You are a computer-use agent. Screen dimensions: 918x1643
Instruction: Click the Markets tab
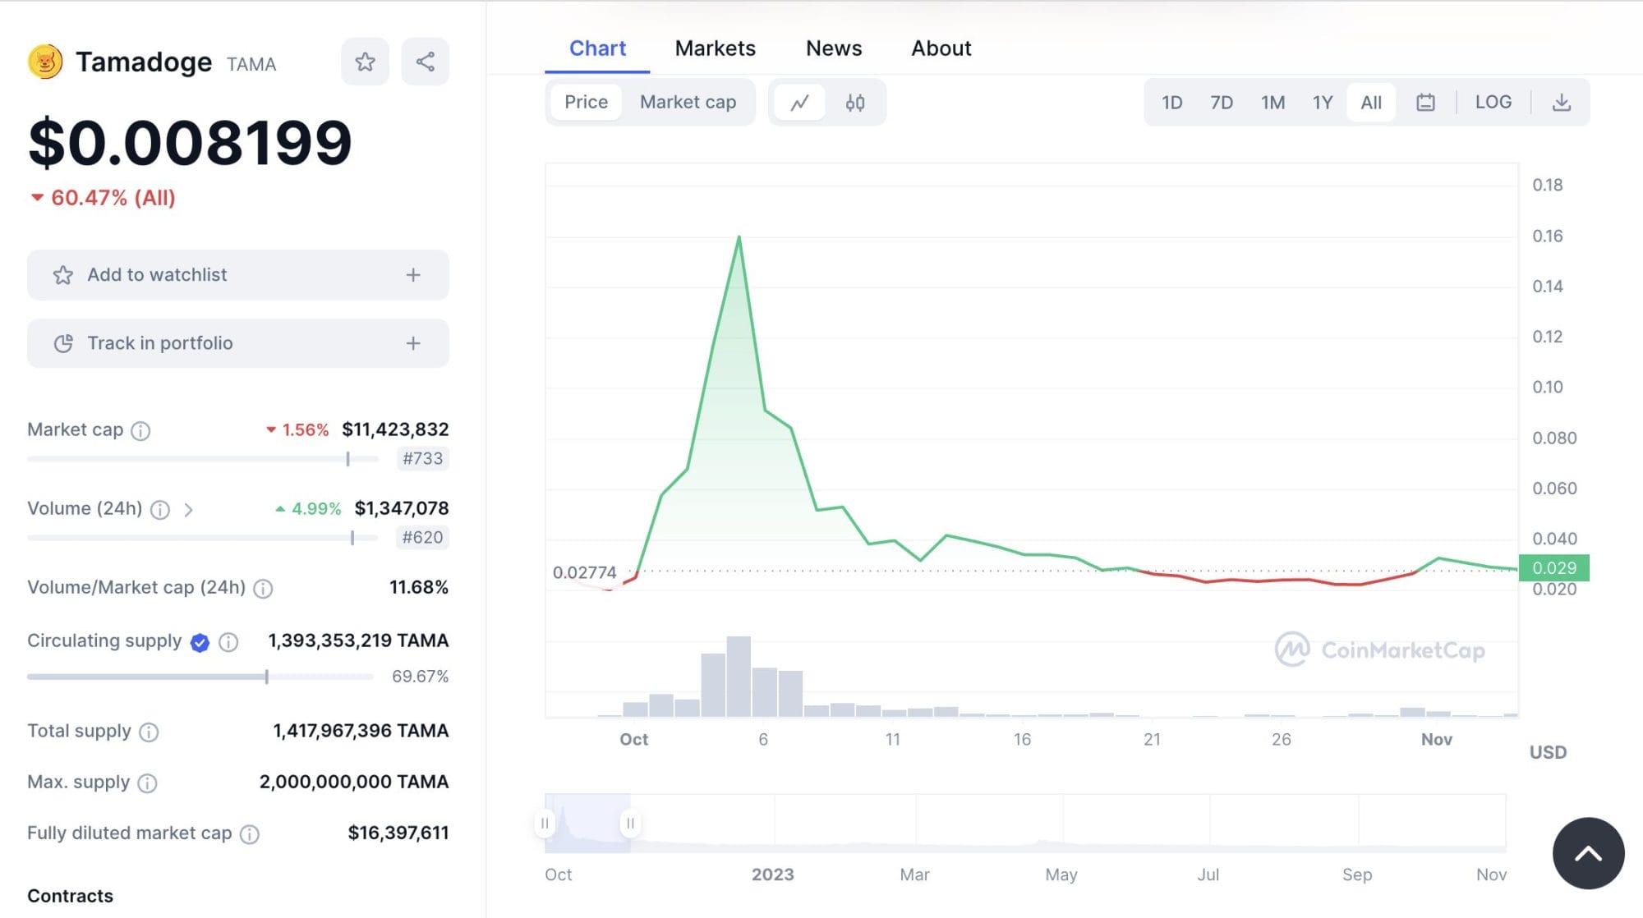pyautogui.click(x=715, y=48)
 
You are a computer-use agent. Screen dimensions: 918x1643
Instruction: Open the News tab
pyautogui.click(x=833, y=48)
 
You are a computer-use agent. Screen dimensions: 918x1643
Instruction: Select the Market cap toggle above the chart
pyautogui.click(x=688, y=103)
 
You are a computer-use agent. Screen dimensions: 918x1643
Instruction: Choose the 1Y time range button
pyautogui.click(x=1322, y=103)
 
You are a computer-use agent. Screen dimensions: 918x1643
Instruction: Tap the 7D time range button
pyautogui.click(x=1221, y=103)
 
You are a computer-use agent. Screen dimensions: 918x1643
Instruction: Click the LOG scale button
pyautogui.click(x=1493, y=102)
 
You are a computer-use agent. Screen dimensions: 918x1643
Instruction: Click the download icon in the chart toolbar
pyautogui.click(x=1561, y=103)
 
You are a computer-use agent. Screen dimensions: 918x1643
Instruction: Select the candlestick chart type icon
pyautogui.click(x=854, y=103)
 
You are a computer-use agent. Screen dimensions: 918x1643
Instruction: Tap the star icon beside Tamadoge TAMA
pyautogui.click(x=365, y=62)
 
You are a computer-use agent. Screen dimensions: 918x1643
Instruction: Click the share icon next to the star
pyautogui.click(x=425, y=62)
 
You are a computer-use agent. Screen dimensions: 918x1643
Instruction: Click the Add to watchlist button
pyautogui.click(x=237, y=275)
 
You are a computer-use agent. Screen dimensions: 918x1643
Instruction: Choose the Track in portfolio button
pyautogui.click(x=237, y=343)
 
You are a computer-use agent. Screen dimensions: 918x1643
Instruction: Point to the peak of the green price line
pyautogui.click(x=739, y=237)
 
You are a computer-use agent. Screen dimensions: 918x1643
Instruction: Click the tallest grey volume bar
pyautogui.click(x=739, y=677)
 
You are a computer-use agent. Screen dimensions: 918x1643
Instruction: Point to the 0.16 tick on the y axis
pyautogui.click(x=1547, y=236)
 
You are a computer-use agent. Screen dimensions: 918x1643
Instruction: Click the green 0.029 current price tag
pyautogui.click(x=1553, y=567)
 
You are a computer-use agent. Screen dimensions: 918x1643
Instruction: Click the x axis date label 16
pyautogui.click(x=1022, y=739)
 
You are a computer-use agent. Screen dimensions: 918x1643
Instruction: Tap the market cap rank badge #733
pyautogui.click(x=422, y=458)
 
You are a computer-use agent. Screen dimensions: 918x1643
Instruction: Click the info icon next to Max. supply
pyautogui.click(x=147, y=783)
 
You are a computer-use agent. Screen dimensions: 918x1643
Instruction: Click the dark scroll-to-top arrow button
pyautogui.click(x=1587, y=853)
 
